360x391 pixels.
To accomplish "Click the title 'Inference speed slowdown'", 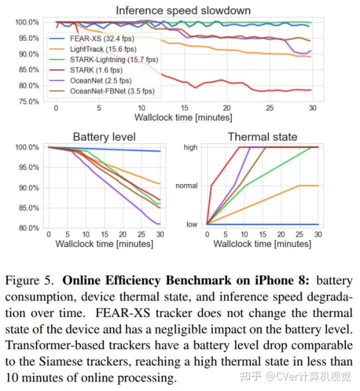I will (x=184, y=10).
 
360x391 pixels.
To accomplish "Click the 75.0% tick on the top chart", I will (x=27, y=101).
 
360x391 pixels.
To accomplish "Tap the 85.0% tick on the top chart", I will (x=27, y=70).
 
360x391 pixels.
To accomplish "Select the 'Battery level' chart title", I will (x=104, y=137).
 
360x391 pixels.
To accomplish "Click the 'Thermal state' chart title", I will (x=262, y=137).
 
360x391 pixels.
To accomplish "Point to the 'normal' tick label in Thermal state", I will (x=187, y=186).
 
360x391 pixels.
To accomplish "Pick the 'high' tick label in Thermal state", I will (x=190, y=148).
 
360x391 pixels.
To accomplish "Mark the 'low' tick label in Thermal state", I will (x=191, y=225).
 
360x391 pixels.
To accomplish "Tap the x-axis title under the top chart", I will (x=183, y=118).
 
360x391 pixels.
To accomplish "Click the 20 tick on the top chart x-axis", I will (x=226, y=108).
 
